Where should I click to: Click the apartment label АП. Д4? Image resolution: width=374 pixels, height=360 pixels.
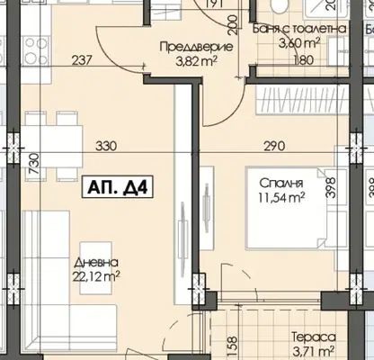[118, 186]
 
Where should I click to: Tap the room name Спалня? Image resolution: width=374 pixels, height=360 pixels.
[281, 183]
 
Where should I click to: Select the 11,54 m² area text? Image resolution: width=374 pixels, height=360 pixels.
[281, 197]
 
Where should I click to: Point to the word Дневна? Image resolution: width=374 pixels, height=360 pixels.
[96, 263]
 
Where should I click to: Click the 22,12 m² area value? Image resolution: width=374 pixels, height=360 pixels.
[96, 276]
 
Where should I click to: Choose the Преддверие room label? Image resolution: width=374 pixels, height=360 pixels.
[196, 47]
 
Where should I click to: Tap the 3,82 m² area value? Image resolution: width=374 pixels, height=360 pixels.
[196, 61]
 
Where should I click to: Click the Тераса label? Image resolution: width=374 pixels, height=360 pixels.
[314, 337]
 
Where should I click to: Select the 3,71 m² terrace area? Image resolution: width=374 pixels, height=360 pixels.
[314, 350]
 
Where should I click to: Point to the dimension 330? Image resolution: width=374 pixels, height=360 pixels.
[106, 147]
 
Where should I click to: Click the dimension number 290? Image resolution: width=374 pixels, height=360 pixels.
[274, 147]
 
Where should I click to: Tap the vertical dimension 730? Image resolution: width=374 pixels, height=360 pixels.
[34, 164]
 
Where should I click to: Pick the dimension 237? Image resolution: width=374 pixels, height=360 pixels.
[82, 60]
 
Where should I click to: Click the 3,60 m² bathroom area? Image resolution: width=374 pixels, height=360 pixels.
[298, 44]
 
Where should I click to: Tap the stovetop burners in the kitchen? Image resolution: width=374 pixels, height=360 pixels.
[37, 50]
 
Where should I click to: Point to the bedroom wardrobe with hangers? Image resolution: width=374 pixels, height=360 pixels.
[302, 99]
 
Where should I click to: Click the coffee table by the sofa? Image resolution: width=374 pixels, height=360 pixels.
[96, 268]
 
